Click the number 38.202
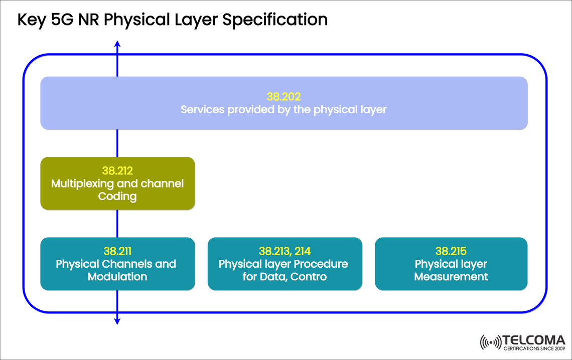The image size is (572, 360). click(x=283, y=96)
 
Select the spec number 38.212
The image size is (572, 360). click(x=117, y=171)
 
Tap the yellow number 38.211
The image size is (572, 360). click(x=117, y=251)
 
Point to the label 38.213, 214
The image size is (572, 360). click(x=284, y=251)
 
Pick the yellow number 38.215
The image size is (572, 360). click(x=451, y=251)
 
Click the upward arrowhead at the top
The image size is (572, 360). click(x=117, y=45)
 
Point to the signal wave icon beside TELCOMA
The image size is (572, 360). click(x=490, y=342)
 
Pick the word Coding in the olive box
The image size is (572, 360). click(x=117, y=196)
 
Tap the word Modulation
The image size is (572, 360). click(x=117, y=276)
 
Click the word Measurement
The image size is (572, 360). click(x=451, y=276)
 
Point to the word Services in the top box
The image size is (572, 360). click(x=203, y=109)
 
